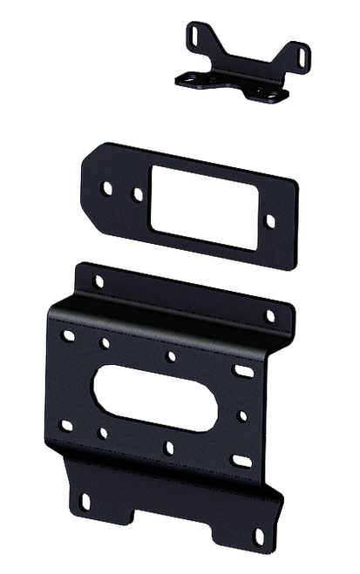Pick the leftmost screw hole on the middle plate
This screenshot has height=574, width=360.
[x=106, y=186]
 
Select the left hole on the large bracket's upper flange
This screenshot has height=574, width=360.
[x=93, y=279]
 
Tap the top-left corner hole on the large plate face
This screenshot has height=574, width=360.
[x=65, y=334]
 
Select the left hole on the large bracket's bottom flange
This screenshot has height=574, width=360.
[x=85, y=500]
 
